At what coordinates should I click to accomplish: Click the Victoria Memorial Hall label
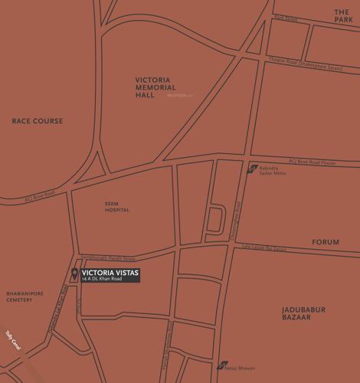(x=156, y=87)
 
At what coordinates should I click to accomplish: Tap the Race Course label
(x=38, y=121)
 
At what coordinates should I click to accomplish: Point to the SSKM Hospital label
(x=117, y=207)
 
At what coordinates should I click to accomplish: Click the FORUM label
(x=325, y=242)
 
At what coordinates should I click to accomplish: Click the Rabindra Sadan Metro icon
(x=251, y=169)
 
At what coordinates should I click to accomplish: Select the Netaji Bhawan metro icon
(x=221, y=366)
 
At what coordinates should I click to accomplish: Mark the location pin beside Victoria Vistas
(x=74, y=274)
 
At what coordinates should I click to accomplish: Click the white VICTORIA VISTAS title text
(x=110, y=271)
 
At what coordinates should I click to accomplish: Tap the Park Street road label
(x=285, y=18)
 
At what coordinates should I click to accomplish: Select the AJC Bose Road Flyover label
(x=312, y=162)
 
